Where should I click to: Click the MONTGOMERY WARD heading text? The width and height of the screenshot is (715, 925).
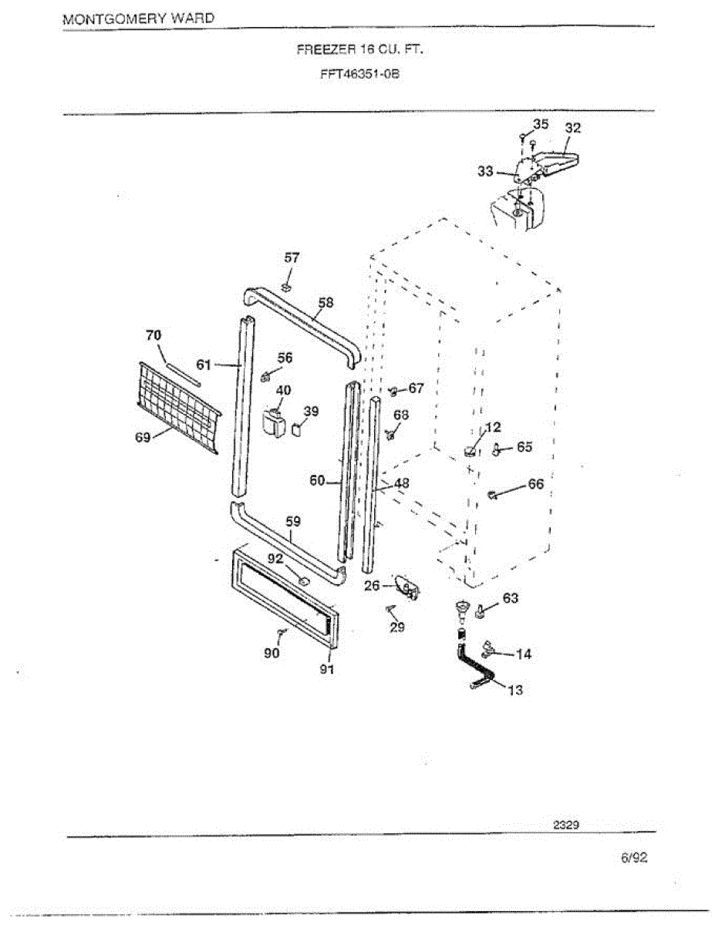(138, 18)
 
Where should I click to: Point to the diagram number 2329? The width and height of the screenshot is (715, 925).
(566, 824)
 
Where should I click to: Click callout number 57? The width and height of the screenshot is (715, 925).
(292, 257)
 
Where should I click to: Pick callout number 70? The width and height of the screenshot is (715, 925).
(154, 335)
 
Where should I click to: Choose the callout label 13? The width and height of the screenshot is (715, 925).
(515, 690)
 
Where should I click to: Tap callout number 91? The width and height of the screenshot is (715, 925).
(327, 669)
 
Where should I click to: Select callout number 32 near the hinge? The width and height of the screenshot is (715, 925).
(572, 128)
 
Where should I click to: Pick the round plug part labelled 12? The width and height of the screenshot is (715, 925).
(469, 452)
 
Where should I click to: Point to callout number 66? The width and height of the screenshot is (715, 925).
(535, 484)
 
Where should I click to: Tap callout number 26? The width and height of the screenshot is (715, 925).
(372, 586)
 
